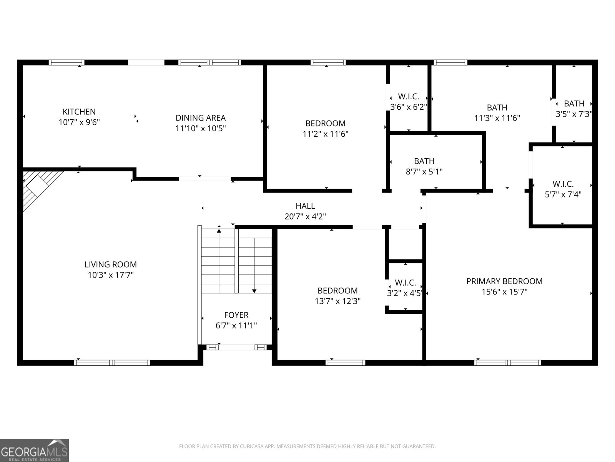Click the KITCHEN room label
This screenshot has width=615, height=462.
pyautogui.click(x=79, y=112)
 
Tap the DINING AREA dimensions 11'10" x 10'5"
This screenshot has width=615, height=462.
pyautogui.click(x=200, y=129)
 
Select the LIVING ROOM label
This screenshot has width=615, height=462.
pyautogui.click(x=111, y=264)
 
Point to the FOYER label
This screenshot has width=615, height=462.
pyautogui.click(x=236, y=315)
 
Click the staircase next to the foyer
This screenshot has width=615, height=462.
pyautogui.click(x=236, y=260)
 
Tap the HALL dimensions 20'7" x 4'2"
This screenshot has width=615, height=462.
pyautogui.click(x=305, y=217)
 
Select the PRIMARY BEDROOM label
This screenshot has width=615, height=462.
pyautogui.click(x=504, y=281)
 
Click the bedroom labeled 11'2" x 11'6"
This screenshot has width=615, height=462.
pyautogui.click(x=325, y=129)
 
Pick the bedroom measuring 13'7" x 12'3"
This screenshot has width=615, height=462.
pyautogui.click(x=337, y=296)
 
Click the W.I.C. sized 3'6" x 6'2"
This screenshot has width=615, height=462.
pyautogui.click(x=409, y=102)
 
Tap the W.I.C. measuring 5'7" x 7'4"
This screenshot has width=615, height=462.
pyautogui.click(x=563, y=189)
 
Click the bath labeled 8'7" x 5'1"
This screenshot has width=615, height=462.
pyautogui.click(x=424, y=166)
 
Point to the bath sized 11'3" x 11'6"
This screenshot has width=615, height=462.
pyautogui.click(x=497, y=112)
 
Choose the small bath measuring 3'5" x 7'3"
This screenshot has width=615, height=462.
pyautogui.click(x=574, y=109)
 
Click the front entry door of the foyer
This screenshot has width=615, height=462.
pyautogui.click(x=236, y=347)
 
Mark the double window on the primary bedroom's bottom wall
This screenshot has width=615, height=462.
pyautogui.click(x=508, y=362)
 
